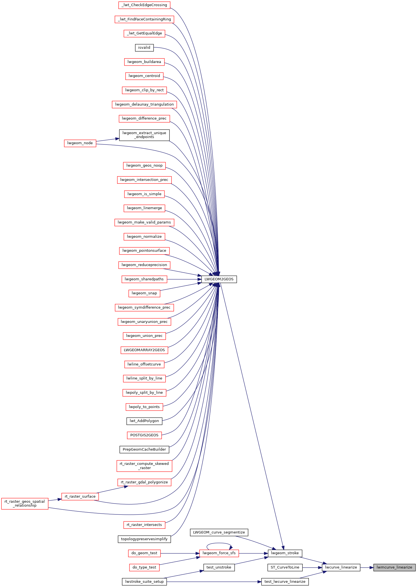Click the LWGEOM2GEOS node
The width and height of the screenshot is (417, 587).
(x=219, y=279)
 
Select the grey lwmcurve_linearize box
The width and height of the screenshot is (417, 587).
(x=394, y=567)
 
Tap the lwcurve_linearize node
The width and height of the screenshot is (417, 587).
(x=341, y=567)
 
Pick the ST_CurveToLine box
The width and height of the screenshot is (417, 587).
(x=285, y=567)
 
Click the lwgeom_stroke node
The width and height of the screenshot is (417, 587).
(x=285, y=553)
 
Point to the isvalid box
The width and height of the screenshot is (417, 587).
(x=144, y=48)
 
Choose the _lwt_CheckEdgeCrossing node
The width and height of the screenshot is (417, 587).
(x=144, y=5)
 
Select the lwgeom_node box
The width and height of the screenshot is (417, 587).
(x=80, y=143)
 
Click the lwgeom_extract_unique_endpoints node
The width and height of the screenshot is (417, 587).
(x=144, y=135)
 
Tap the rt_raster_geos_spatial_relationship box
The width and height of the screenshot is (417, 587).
(x=25, y=504)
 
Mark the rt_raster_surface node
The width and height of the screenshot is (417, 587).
(x=80, y=497)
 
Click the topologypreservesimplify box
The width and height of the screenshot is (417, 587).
(x=144, y=539)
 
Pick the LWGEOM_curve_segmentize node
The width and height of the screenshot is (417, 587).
(x=219, y=532)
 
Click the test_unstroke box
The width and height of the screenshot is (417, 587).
(x=219, y=567)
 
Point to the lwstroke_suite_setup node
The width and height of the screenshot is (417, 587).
(x=144, y=582)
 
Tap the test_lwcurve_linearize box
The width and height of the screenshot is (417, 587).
(x=285, y=582)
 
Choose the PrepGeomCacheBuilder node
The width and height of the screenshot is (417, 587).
(x=144, y=449)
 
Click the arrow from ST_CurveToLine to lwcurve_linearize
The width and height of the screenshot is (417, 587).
(x=312, y=567)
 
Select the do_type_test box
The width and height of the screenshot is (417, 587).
(x=144, y=567)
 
